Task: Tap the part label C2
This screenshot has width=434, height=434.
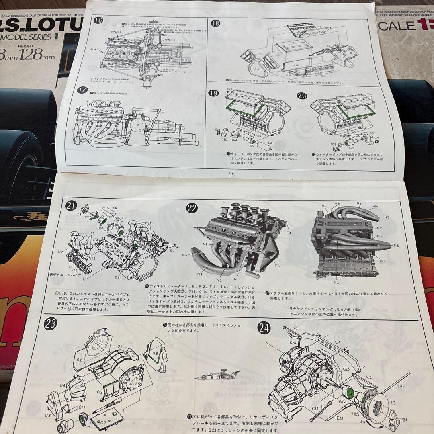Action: coord(79,360)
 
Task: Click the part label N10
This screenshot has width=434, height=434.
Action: coord(375,207)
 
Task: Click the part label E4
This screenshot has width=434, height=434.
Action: coord(338,342)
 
